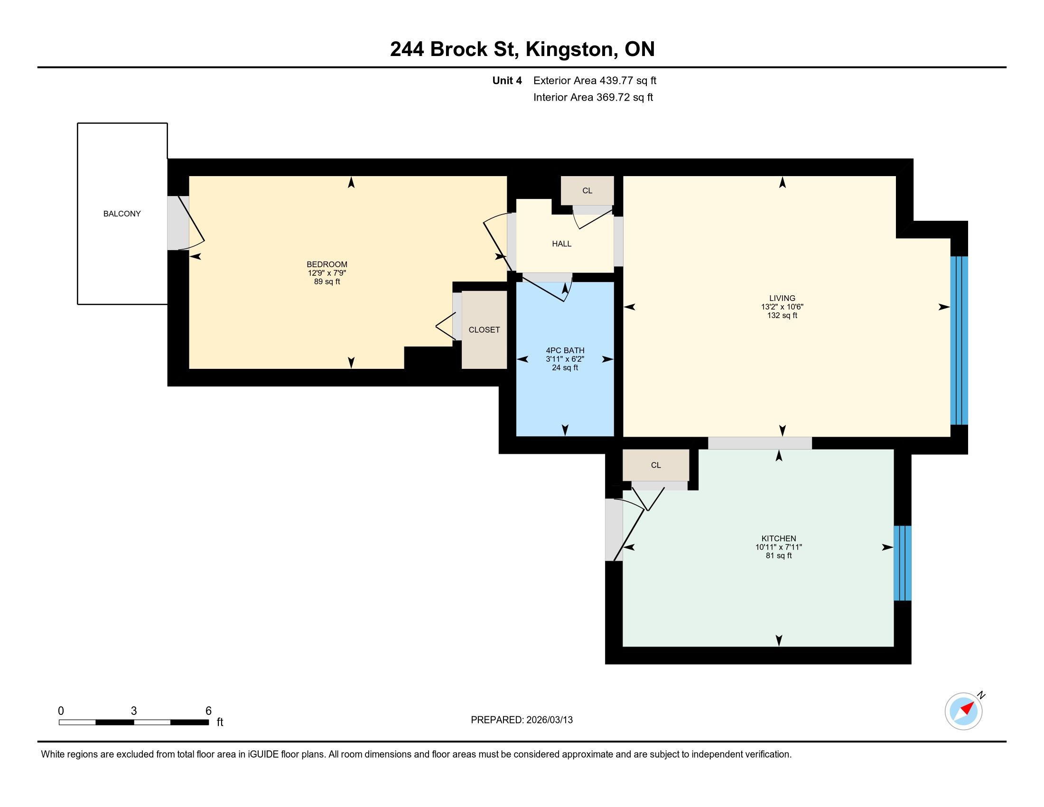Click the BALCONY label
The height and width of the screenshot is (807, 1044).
pos(122,214)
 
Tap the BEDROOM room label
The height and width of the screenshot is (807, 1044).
pos(327,264)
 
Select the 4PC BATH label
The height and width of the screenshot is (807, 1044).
pos(565,350)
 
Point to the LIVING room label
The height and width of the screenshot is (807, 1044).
pos(782,298)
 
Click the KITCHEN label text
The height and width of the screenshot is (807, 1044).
pos(779,539)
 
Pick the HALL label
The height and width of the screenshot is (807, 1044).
pos(562,244)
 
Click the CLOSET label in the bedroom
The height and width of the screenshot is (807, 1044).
pos(484,330)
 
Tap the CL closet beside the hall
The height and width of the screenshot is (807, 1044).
pos(587,191)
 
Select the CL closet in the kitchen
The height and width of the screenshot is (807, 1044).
pos(656,465)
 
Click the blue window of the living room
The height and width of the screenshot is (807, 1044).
pos(959,340)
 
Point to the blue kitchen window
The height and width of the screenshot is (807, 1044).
pos(903,563)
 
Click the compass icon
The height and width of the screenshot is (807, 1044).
pos(964,711)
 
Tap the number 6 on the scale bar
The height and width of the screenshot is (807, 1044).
pos(208,711)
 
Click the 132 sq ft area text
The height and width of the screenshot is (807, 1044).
pos(782,316)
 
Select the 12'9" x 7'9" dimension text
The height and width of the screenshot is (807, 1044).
pos(327,273)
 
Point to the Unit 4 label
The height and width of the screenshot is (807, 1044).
pos(507,81)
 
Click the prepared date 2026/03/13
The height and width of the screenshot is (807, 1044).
pos(549,720)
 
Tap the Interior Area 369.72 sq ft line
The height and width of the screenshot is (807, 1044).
pos(593,97)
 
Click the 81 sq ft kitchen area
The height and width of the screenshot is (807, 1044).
pos(779,556)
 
